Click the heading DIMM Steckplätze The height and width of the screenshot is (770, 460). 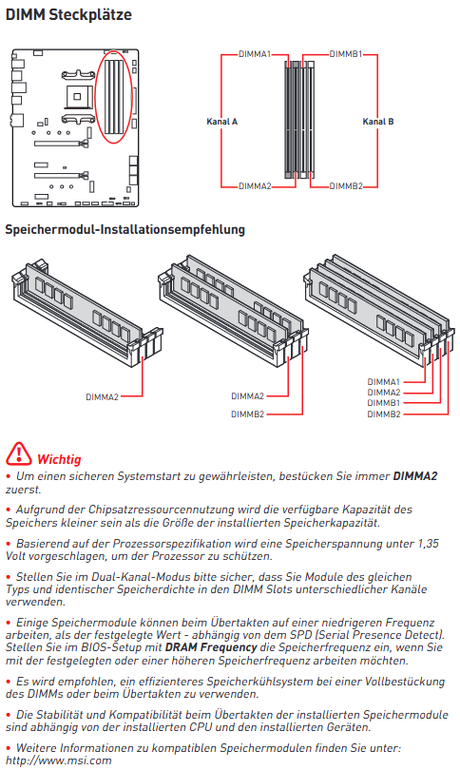pyautogui.click(x=68, y=14)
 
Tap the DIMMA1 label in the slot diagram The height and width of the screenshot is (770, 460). pyautogui.click(x=255, y=54)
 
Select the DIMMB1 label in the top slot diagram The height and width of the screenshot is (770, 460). pyautogui.click(x=346, y=54)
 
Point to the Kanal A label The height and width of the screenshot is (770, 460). pyautogui.click(x=221, y=122)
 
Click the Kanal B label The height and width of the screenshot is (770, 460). pyautogui.click(x=378, y=122)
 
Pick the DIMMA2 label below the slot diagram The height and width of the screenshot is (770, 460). pyautogui.click(x=255, y=186)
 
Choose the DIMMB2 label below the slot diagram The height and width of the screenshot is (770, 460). pyautogui.click(x=346, y=186)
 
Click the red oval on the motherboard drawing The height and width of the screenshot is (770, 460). pyautogui.click(x=113, y=52)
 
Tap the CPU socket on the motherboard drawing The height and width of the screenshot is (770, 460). pyautogui.click(x=77, y=97)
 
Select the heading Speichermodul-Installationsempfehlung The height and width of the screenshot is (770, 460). pyautogui.click(x=125, y=229)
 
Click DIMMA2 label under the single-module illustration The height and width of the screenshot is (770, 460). pyautogui.click(x=102, y=396)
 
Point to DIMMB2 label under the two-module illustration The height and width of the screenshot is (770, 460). pyautogui.click(x=247, y=414)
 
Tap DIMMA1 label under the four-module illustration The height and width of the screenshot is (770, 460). pyautogui.click(x=383, y=381)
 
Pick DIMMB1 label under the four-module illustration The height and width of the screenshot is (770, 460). pyautogui.click(x=383, y=403)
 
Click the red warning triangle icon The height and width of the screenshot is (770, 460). pyautogui.click(x=18, y=453)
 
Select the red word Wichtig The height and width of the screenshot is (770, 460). pyautogui.click(x=59, y=459)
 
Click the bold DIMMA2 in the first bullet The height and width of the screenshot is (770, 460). pyautogui.click(x=414, y=476)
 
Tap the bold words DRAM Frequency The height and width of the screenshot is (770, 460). pyautogui.click(x=211, y=647)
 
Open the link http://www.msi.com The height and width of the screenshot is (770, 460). pyautogui.click(x=58, y=760)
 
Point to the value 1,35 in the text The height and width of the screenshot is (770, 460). pyautogui.click(x=428, y=544)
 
